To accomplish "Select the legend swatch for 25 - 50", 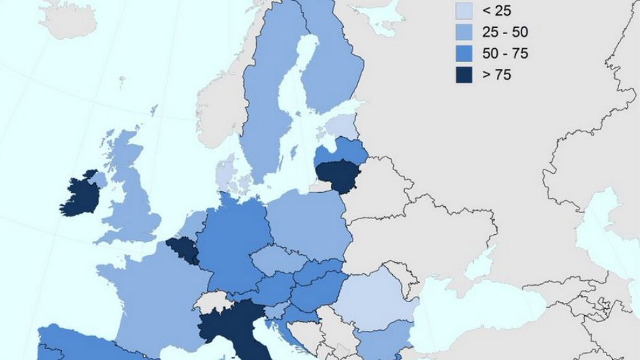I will tap(465, 31).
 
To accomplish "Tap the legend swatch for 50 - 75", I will tap(465, 53).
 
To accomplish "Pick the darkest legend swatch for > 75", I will tap(465, 74).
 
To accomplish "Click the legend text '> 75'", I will tap(496, 75).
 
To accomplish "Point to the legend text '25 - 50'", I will tap(505, 32).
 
